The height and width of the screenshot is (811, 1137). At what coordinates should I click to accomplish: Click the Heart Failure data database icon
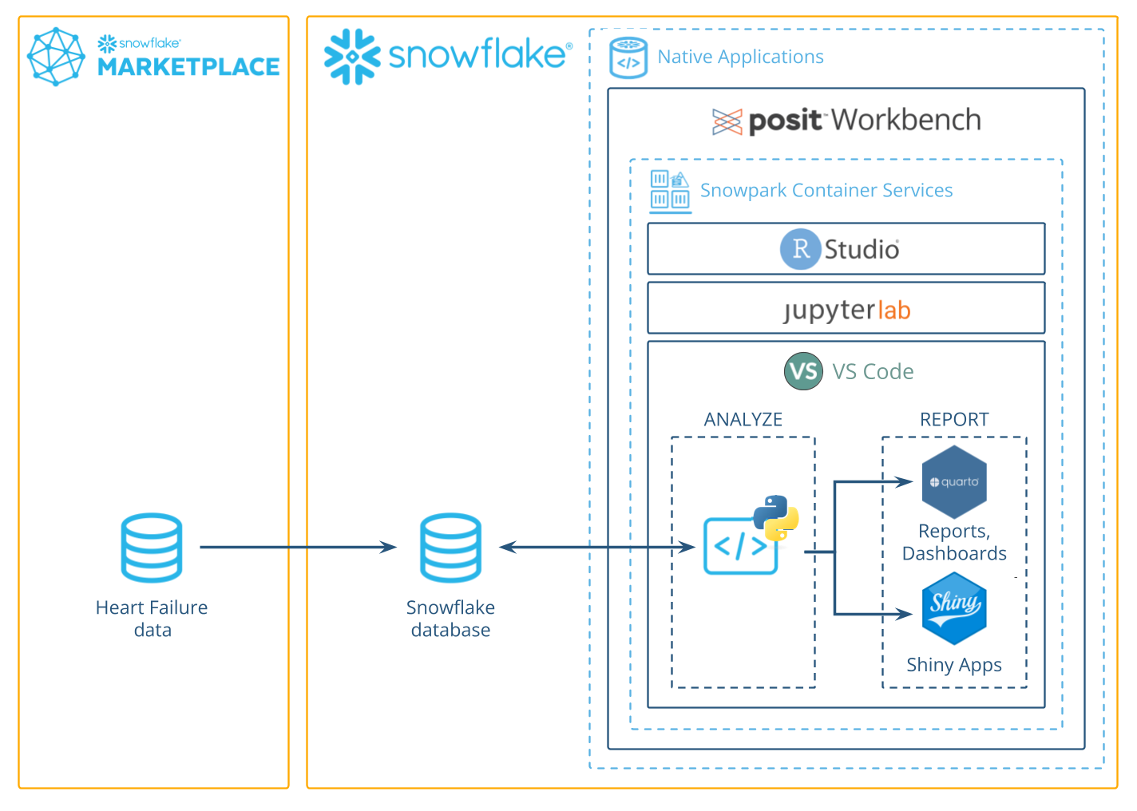152,548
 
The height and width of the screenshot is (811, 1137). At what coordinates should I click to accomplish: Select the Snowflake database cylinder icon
451,548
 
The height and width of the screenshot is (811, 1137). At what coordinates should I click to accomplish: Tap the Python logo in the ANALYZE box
775,517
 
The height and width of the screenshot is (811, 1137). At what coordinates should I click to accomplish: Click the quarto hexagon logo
954,482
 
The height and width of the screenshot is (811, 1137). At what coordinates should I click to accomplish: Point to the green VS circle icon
803,371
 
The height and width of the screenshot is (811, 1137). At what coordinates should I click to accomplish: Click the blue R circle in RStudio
800,249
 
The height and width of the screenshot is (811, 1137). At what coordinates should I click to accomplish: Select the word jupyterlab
846,310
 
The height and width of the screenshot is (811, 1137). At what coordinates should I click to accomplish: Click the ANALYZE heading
743,420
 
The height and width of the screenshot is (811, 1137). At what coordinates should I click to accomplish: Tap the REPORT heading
954,420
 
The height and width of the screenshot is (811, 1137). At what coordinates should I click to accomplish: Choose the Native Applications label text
740,57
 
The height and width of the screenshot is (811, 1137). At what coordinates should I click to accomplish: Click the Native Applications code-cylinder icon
628,57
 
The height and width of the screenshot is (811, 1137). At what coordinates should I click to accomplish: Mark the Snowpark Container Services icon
670,190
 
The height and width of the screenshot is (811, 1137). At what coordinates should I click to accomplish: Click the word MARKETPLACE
188,67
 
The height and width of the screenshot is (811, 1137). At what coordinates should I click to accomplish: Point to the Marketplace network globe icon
56,56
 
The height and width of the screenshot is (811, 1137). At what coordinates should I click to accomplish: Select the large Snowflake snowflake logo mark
352,57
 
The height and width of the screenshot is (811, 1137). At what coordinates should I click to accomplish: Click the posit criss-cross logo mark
727,121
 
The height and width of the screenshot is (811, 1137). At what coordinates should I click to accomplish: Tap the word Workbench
906,121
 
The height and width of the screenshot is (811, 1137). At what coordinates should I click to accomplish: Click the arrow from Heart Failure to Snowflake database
298,548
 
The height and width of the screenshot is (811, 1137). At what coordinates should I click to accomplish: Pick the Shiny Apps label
953,665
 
